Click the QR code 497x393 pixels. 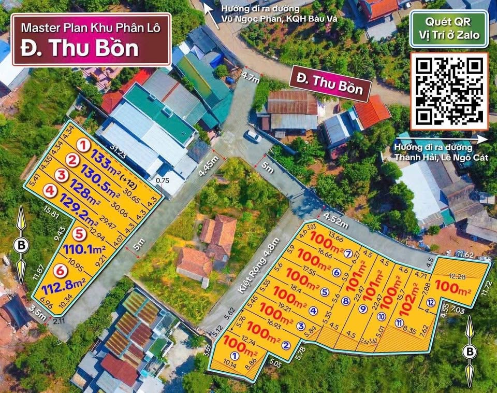click(x=449, y=90)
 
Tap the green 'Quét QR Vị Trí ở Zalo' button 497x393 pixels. click(x=449, y=30)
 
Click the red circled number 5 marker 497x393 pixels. click(x=79, y=234)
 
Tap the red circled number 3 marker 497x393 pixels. click(x=62, y=175)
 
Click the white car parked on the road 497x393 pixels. click(x=253, y=136)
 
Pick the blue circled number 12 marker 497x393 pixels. click(x=431, y=303)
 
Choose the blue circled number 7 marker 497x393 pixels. click(x=348, y=254)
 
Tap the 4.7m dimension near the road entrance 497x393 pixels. click(x=250, y=79)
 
